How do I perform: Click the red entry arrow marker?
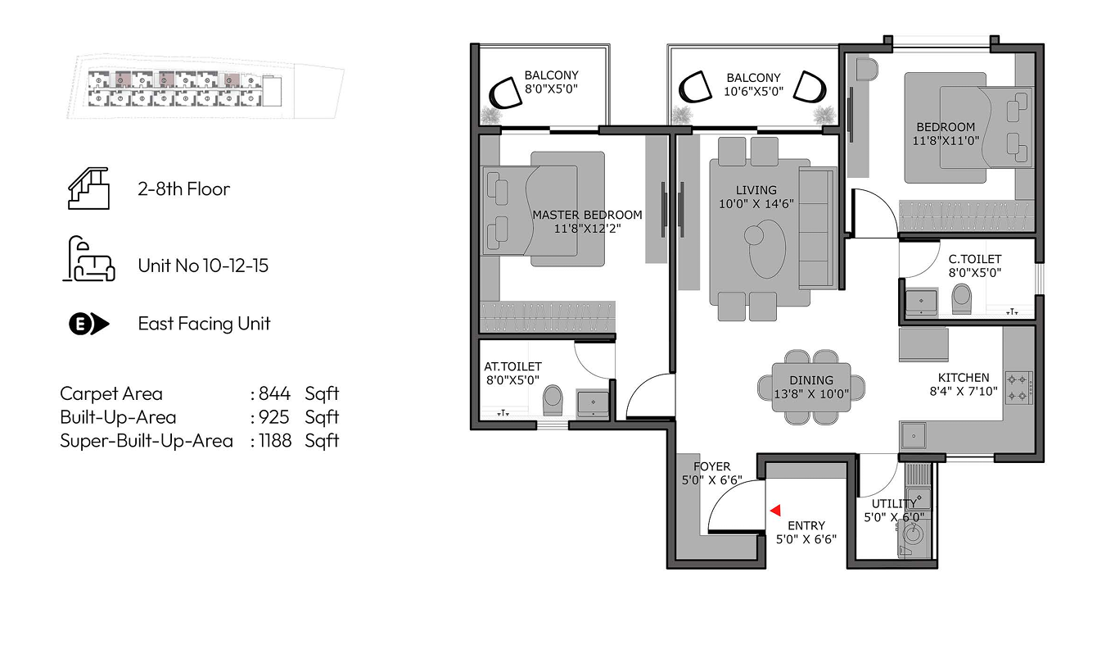pos(776,510)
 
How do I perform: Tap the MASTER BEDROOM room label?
pos(587,215)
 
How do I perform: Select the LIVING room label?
pos(756,190)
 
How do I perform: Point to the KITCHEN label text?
pos(964,378)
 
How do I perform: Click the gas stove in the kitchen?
pos(1019,388)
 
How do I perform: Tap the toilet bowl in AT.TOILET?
pos(553,400)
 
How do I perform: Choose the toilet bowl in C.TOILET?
pos(961,298)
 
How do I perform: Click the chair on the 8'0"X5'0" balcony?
pos(505,93)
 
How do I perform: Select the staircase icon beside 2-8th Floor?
pos(88,188)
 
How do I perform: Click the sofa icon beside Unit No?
pos(89,259)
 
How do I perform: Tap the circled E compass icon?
pos(88,325)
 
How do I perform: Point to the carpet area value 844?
pos(274,394)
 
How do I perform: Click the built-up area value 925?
pos(274,417)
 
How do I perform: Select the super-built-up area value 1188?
pos(275,440)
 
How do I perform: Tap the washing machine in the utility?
pos(914,535)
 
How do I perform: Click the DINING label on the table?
pos(811,380)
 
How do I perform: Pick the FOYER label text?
pos(711,466)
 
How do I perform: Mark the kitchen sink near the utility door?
pos(913,436)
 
